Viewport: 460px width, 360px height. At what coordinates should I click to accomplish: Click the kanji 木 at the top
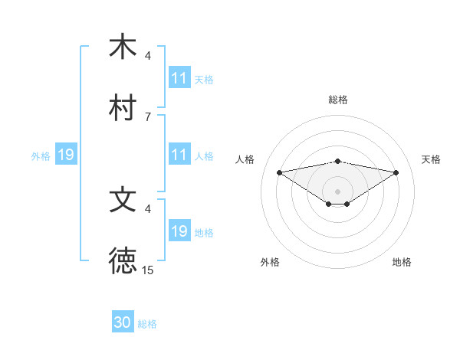pos(123,47)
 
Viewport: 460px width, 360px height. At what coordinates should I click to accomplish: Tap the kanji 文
pos(123,200)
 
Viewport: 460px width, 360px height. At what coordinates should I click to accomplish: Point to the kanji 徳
pos(123,261)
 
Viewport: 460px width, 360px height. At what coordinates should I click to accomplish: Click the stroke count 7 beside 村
pos(147,116)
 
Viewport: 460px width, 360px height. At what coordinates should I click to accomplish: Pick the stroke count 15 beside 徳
pos(148,270)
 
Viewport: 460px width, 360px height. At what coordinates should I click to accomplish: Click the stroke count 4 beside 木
pos(148,55)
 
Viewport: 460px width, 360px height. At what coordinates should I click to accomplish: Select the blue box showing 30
pos(123,323)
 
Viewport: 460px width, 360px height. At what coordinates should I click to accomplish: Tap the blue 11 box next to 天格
pos(179,78)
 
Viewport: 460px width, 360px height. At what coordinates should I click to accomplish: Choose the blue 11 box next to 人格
pos(179,155)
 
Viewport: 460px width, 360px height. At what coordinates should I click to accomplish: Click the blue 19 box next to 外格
pos(66,155)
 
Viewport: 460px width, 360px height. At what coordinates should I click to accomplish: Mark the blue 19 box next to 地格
pos(179,231)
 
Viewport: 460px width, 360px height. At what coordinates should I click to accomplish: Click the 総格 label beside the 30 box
pos(147,324)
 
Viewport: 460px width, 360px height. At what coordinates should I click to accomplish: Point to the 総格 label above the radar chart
pos(337,100)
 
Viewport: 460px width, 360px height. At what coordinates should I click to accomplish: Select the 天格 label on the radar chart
pos(431,159)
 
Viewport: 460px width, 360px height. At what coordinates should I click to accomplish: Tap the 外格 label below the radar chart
pos(270,262)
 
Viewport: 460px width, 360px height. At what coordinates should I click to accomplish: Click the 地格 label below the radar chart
pos(402,262)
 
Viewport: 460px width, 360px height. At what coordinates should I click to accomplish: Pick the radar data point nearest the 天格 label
pos(396,172)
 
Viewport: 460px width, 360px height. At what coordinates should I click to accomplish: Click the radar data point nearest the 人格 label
pos(280,172)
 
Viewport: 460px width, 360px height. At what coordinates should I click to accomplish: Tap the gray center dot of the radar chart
pos(337,191)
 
